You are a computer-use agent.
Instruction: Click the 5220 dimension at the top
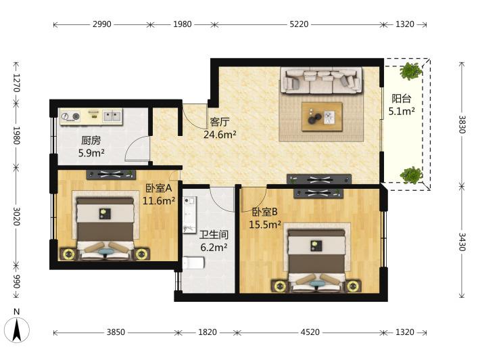[x=299, y=24]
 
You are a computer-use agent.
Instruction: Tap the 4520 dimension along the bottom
[x=310, y=332]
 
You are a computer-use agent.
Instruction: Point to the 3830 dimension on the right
[x=462, y=125]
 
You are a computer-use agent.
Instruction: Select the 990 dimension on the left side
[x=16, y=282]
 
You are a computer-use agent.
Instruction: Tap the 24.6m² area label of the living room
[x=220, y=134]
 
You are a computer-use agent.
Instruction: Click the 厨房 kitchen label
[x=91, y=141]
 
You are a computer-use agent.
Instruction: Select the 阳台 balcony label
[x=402, y=99]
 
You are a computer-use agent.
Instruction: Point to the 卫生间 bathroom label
[x=214, y=235]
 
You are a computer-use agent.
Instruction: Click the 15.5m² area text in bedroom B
[x=265, y=225]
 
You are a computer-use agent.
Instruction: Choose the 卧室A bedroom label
[x=158, y=188]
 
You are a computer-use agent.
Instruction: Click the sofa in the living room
[x=321, y=81]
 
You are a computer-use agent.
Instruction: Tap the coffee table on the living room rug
[x=322, y=117]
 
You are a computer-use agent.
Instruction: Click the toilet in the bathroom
[x=193, y=263]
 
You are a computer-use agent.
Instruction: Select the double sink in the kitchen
[x=112, y=116]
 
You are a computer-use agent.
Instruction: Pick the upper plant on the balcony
[x=411, y=71]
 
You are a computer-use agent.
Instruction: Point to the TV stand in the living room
[x=318, y=179]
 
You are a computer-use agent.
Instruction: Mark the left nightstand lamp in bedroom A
[x=68, y=254]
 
